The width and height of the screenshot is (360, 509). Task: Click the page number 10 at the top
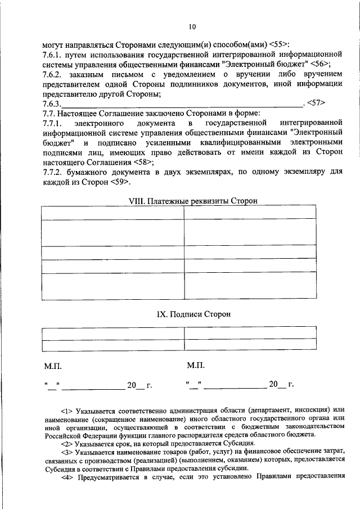(x=192, y=26)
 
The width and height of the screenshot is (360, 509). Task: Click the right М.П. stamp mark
(x=195, y=366)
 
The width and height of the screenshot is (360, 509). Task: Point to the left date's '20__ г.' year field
(x=139, y=386)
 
